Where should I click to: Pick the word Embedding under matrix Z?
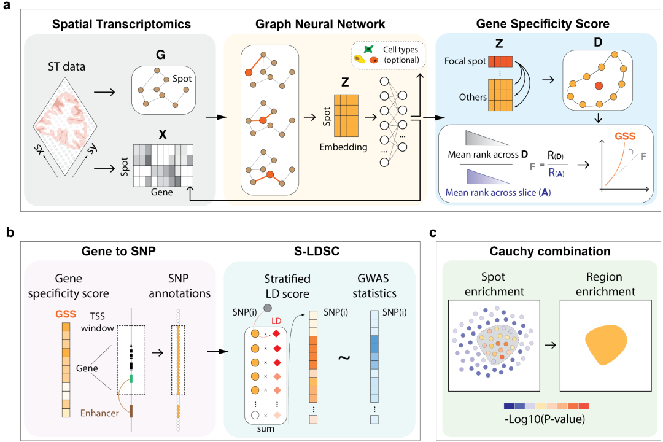click(344, 147)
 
